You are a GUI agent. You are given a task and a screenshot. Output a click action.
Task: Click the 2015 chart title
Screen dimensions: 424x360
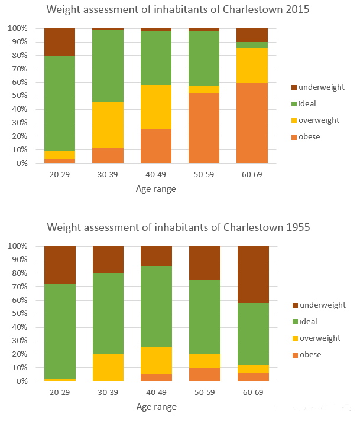point(178,10)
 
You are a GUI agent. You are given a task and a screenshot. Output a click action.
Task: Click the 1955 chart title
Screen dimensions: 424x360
point(178,227)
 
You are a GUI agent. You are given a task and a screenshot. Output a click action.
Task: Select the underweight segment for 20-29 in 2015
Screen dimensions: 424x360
point(60,42)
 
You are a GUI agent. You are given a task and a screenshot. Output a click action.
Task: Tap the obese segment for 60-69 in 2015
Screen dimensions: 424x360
point(252,123)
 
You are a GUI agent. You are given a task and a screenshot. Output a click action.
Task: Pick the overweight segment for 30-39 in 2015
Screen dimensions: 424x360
point(108,125)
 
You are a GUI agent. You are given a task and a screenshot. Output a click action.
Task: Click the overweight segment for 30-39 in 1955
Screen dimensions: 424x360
point(108,367)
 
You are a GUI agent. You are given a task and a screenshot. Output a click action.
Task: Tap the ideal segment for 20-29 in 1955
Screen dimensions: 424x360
point(60,331)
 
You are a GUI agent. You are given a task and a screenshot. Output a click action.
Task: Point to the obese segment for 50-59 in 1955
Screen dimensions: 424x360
point(204,374)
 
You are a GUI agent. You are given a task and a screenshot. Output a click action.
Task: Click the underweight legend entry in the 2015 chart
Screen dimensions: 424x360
point(322,87)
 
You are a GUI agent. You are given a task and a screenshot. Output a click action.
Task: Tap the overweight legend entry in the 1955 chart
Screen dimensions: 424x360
point(320,338)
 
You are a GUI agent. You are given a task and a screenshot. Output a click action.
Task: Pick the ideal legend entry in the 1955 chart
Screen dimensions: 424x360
point(309,322)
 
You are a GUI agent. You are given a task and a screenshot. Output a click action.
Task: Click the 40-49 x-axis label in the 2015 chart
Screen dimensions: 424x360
point(156,174)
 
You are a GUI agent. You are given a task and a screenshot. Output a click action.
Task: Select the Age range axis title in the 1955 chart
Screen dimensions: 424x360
point(156,407)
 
